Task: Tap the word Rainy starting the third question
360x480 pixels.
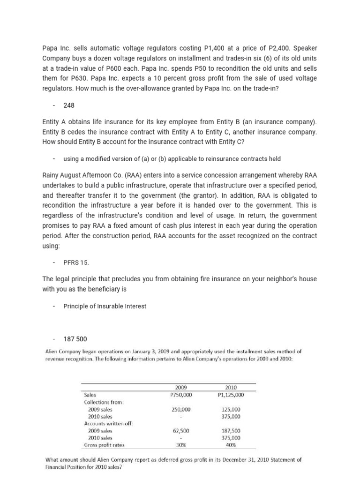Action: pyautogui.click(x=51, y=175)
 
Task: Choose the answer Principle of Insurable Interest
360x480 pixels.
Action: pyautogui.click(x=105, y=306)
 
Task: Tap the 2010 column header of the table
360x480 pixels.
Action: pyautogui.click(x=231, y=388)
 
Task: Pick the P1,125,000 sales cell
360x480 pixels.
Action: pyautogui.click(x=231, y=395)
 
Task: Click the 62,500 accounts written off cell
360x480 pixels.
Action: pyautogui.click(x=181, y=430)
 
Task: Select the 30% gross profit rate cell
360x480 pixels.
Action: pyautogui.click(x=181, y=444)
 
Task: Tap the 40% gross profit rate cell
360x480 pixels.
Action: pyautogui.click(x=231, y=444)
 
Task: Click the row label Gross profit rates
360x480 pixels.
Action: pyautogui.click(x=104, y=444)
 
